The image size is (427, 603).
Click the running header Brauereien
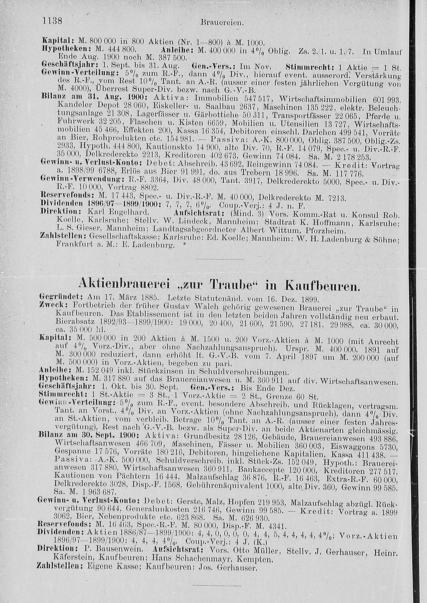pos(222,23)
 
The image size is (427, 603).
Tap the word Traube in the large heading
pos(232,284)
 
